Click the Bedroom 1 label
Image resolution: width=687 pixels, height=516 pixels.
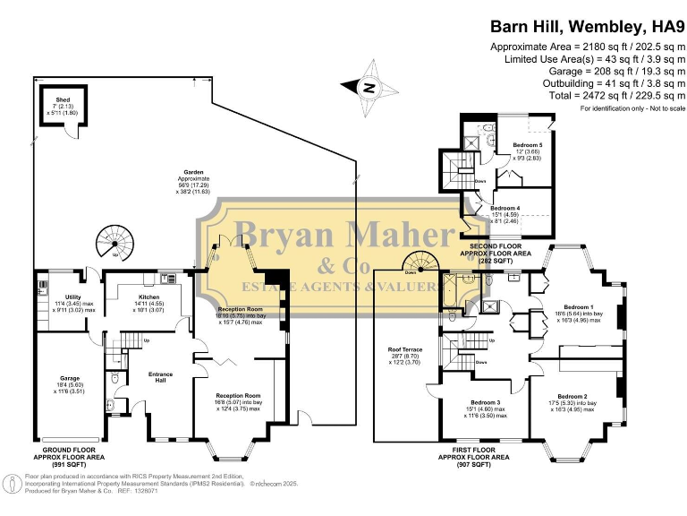coord(578,305)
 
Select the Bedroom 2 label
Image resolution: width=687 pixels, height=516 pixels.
coord(572,396)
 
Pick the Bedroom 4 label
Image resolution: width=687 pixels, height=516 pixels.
coord(505,209)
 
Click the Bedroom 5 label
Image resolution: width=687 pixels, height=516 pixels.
coord(527,145)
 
